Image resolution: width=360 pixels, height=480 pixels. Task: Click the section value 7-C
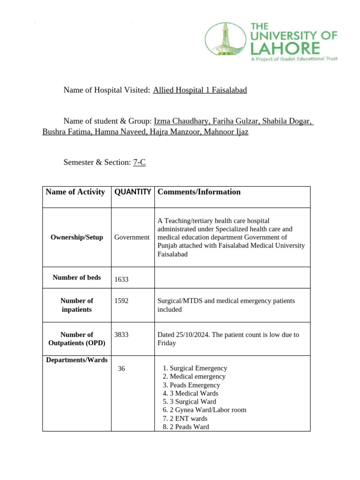[139, 162]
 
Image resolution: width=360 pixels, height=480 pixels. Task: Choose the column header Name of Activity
[75, 192]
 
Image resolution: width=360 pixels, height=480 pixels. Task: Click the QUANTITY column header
[133, 192]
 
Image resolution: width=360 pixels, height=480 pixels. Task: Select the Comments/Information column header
[199, 192]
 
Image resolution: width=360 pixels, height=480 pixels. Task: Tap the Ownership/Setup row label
[76, 237]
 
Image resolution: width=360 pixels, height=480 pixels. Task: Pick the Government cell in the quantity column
[132, 237]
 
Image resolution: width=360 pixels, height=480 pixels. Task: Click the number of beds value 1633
[121, 279]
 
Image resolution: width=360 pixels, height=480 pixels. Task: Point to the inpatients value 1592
[121, 301]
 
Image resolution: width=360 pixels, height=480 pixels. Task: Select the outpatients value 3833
[121, 335]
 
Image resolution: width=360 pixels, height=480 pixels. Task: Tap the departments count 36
[121, 369]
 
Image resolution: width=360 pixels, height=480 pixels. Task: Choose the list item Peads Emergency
[195, 385]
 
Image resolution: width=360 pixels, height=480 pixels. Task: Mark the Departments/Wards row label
[76, 360]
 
